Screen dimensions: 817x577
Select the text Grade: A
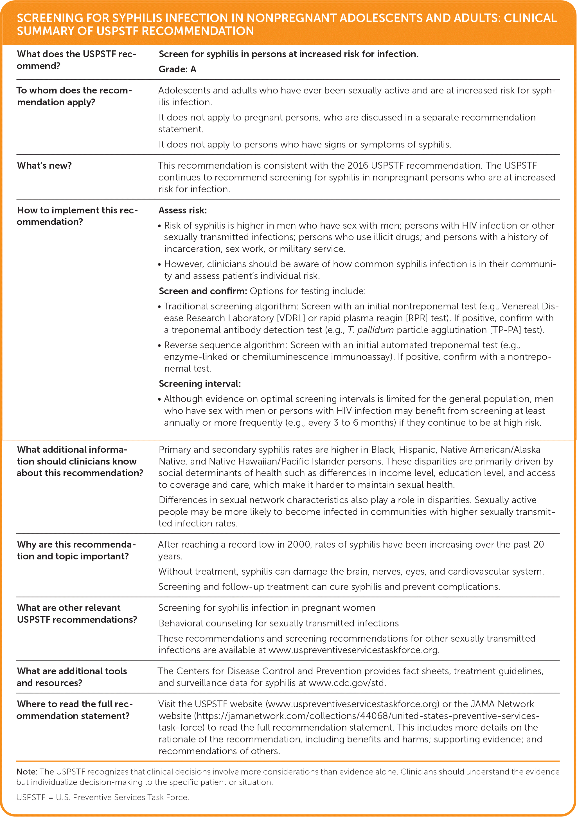[177, 69]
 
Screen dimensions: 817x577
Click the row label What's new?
[44, 166]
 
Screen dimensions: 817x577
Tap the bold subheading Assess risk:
[182, 210]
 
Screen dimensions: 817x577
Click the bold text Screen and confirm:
[203, 291]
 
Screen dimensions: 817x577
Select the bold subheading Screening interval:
[199, 384]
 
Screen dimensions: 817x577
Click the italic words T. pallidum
[370, 330]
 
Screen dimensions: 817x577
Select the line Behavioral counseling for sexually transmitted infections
[278, 623]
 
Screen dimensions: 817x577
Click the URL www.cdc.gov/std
[347, 683]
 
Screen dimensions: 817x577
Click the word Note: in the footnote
[27, 772]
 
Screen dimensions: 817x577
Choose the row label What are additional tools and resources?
[71, 677]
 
